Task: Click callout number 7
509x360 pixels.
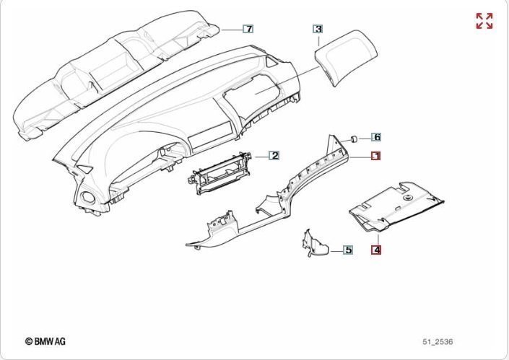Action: click(x=248, y=29)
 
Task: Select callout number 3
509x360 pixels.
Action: click(x=318, y=29)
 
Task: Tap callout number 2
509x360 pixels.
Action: click(x=274, y=155)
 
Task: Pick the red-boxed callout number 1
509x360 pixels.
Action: click(x=375, y=155)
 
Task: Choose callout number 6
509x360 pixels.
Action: click(x=376, y=136)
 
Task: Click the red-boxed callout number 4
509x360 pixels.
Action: click(x=376, y=250)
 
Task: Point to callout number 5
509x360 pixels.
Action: click(x=347, y=250)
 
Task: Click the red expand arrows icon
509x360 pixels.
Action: click(x=484, y=21)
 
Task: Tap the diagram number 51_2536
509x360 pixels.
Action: click(x=438, y=341)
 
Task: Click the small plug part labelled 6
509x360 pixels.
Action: click(x=354, y=137)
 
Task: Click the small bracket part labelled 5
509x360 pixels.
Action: click(x=314, y=244)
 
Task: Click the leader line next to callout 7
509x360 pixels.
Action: click(x=231, y=30)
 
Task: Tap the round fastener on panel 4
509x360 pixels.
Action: click(x=407, y=196)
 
